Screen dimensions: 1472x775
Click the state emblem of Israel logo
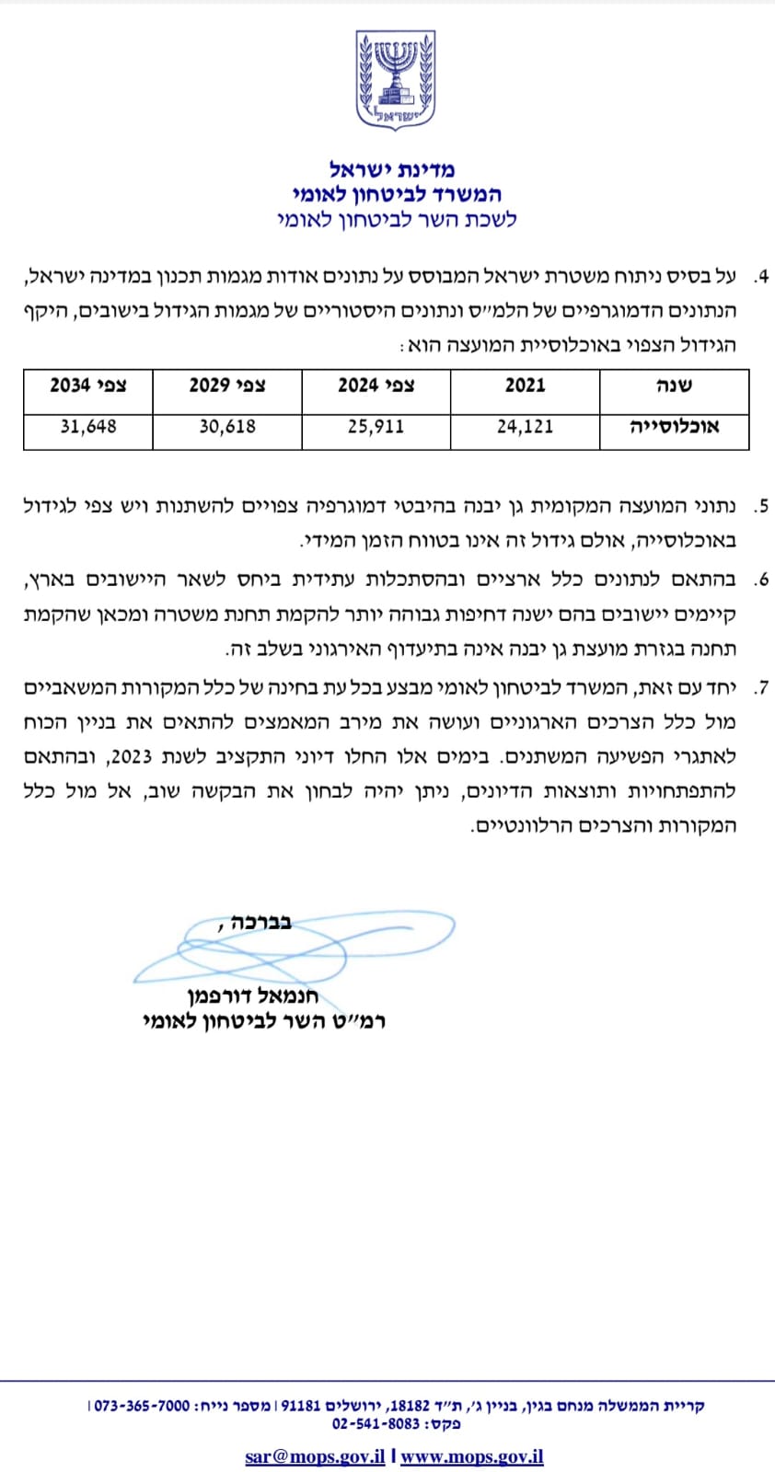[x=396, y=80]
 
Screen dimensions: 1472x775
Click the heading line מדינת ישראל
[x=392, y=169]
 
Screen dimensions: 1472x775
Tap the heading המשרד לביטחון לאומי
[x=396, y=194]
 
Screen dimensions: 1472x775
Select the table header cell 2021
[x=525, y=385]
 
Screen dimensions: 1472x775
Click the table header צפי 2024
[x=376, y=385]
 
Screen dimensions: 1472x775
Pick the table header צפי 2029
[x=226, y=385]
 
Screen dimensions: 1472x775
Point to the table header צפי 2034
[x=87, y=385]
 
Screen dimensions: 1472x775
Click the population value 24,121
[x=525, y=427]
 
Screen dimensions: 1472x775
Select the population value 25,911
[x=376, y=427]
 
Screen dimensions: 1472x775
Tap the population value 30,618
[x=226, y=427]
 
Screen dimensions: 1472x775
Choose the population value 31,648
[x=87, y=427]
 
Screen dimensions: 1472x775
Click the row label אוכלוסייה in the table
[x=674, y=427]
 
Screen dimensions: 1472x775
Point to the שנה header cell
[x=674, y=385]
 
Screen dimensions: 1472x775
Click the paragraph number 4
[x=761, y=277]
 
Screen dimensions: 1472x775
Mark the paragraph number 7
[x=761, y=687]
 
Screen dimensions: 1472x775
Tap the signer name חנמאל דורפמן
[x=252, y=996]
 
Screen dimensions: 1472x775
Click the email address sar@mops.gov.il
[x=315, y=1456]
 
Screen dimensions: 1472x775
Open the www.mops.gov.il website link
[x=471, y=1456]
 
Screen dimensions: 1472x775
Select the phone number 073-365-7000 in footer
[x=142, y=1406]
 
